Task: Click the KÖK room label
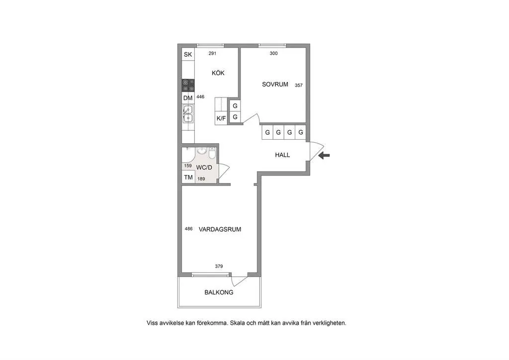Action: click(x=218, y=73)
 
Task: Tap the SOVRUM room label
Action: click(x=275, y=85)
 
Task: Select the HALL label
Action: click(x=282, y=155)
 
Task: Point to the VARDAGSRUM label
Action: click(x=220, y=229)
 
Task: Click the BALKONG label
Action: click(x=219, y=292)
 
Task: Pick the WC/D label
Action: click(x=204, y=168)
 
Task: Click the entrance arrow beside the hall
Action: click(x=324, y=156)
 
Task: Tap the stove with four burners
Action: click(x=188, y=85)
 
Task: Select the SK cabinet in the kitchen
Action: click(x=188, y=54)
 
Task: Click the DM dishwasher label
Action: click(x=188, y=98)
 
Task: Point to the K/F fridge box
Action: click(x=221, y=118)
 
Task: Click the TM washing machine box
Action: click(x=188, y=177)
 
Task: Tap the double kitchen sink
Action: click(x=188, y=113)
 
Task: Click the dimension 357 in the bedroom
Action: click(x=299, y=86)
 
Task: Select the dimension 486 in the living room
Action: click(x=188, y=229)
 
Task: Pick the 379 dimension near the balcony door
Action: click(x=219, y=266)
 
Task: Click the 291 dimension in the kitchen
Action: click(x=212, y=54)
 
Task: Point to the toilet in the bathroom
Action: click(x=212, y=153)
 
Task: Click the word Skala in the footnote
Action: click(x=237, y=323)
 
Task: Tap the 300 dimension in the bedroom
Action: click(x=274, y=54)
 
